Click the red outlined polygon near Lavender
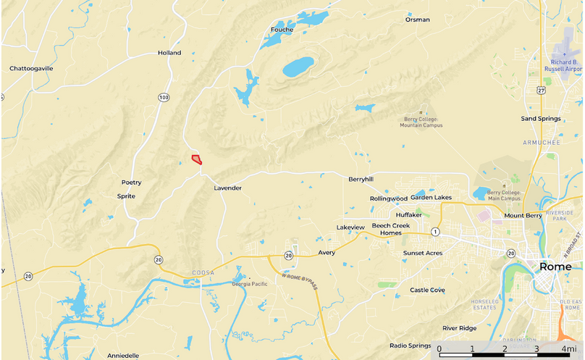pyautogui.click(x=196, y=159)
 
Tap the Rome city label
pyautogui.click(x=555, y=267)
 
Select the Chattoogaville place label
pyautogui.click(x=31, y=69)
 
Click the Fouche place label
pyautogui.click(x=282, y=30)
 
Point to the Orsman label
pyautogui.click(x=418, y=20)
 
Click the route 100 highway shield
pyautogui.click(x=164, y=97)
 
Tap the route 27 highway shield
pyautogui.click(x=541, y=90)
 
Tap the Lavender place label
pyautogui.click(x=227, y=188)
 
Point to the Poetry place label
pyautogui.click(x=131, y=183)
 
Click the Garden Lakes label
pyautogui.click(x=431, y=198)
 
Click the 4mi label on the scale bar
pyautogui.click(x=570, y=349)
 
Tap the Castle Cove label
pyautogui.click(x=427, y=290)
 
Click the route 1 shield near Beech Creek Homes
pyautogui.click(x=435, y=232)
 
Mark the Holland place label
pyautogui.click(x=169, y=53)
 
